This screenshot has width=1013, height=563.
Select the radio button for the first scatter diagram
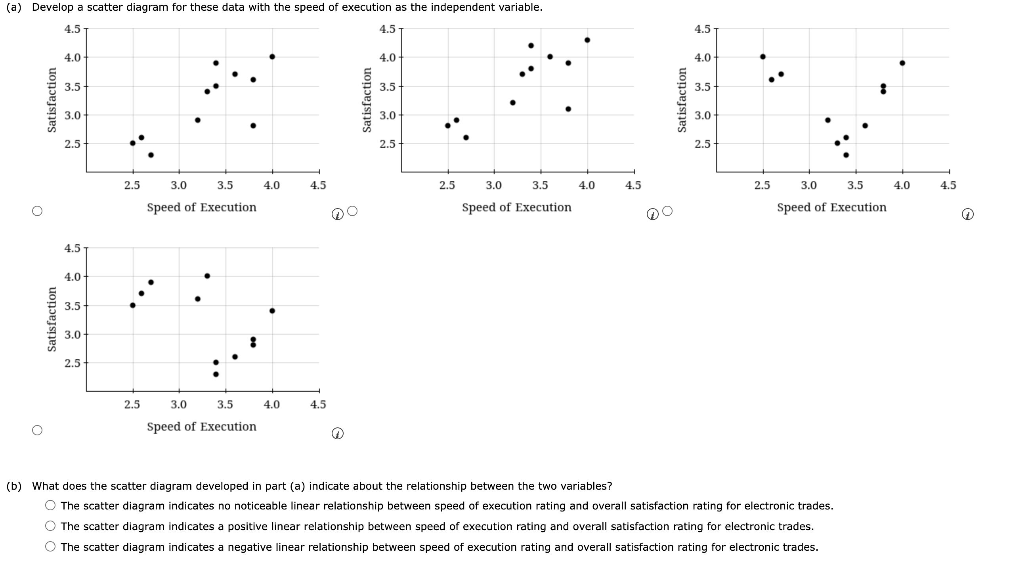pos(37,211)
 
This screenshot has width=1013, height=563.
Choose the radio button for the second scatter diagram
pos(353,211)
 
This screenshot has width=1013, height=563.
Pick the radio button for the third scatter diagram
pos(667,211)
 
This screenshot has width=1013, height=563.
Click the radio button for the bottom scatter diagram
pos(37,430)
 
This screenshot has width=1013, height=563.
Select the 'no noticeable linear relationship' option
pos(50,506)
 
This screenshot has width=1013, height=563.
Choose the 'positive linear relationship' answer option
pos(50,526)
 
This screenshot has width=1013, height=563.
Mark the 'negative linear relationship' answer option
pos(50,547)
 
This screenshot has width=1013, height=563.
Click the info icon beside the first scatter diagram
pos(337,215)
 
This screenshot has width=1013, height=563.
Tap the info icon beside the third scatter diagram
pos(967,215)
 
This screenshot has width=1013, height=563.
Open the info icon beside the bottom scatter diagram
pos(337,434)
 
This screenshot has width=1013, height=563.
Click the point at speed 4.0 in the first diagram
pos(272,57)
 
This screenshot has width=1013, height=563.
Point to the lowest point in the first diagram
pos(151,155)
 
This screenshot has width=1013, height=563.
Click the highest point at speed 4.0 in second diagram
pos(587,40)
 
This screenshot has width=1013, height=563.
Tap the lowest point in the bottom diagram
pos(216,374)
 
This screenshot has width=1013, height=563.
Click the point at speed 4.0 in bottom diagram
pos(272,310)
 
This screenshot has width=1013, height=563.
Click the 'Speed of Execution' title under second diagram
pos(516,207)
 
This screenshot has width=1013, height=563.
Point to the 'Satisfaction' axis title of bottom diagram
pos(52,320)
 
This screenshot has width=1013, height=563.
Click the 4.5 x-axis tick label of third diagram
pos(948,185)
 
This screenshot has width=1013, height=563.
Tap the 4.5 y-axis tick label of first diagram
pos(72,29)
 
